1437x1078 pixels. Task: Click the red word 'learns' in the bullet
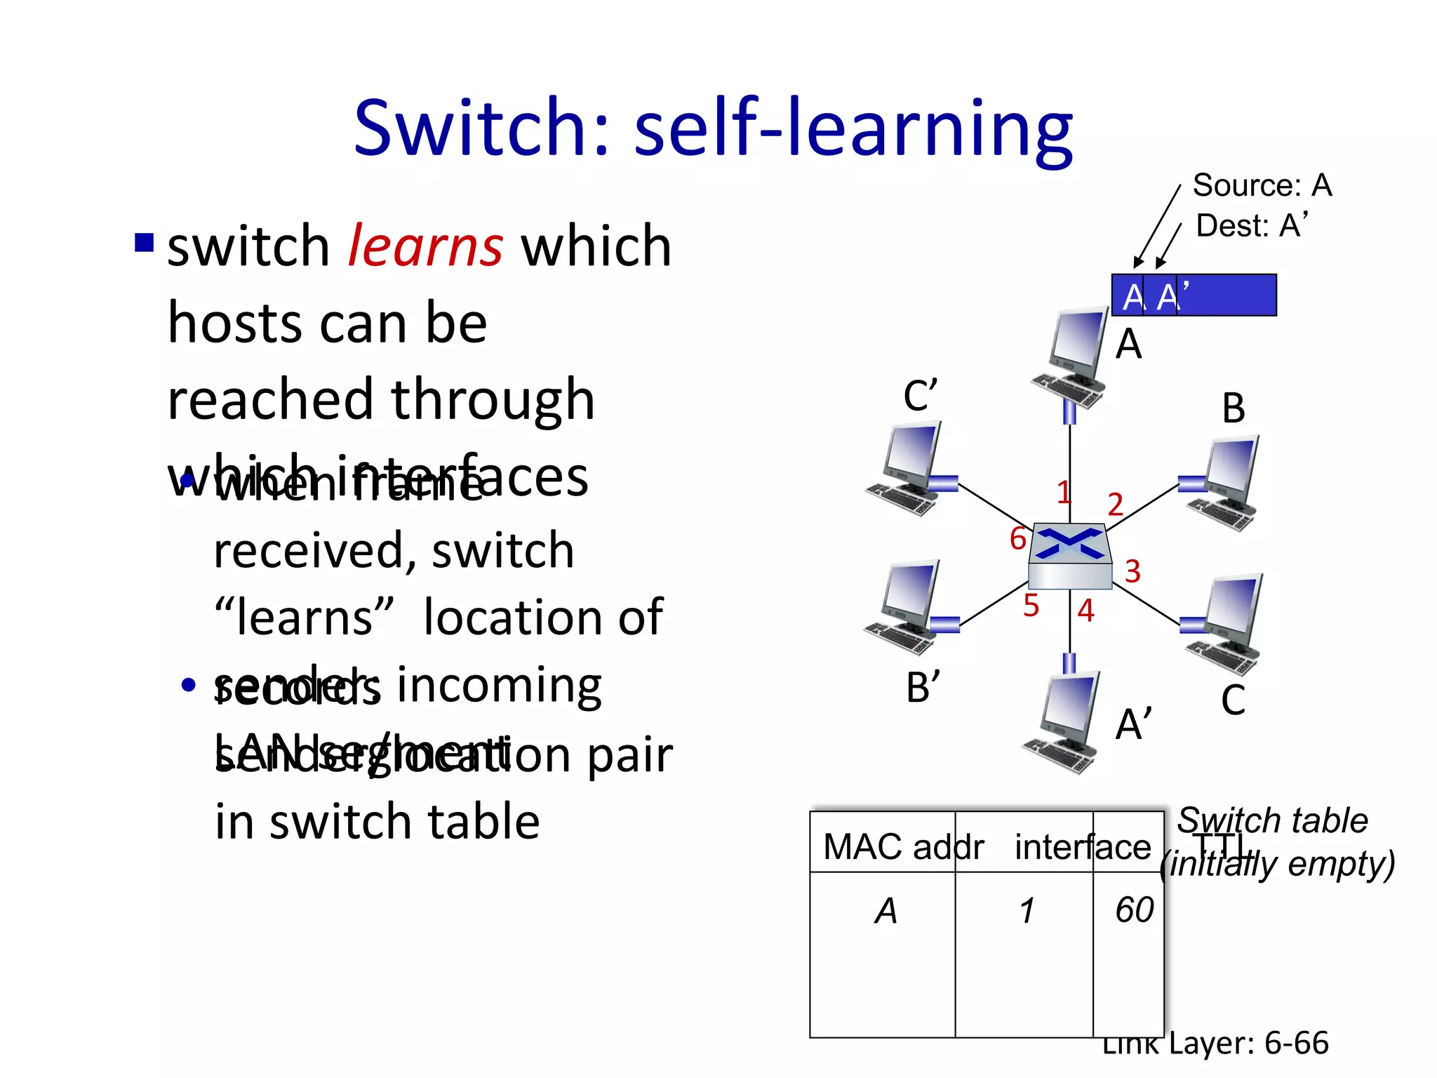click(x=425, y=247)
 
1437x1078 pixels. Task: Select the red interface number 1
click(x=1064, y=492)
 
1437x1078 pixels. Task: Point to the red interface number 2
click(x=1115, y=505)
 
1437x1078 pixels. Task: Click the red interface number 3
click(x=1132, y=571)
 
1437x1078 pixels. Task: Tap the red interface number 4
click(x=1085, y=611)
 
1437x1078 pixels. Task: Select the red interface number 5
click(x=1031, y=606)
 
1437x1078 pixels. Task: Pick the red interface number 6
click(x=1018, y=539)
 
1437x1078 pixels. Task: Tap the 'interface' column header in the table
click(x=1082, y=847)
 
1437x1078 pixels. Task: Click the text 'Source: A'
click(x=1262, y=186)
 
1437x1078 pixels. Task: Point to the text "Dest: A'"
click(x=1252, y=226)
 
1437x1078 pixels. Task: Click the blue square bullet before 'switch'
click(x=144, y=243)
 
